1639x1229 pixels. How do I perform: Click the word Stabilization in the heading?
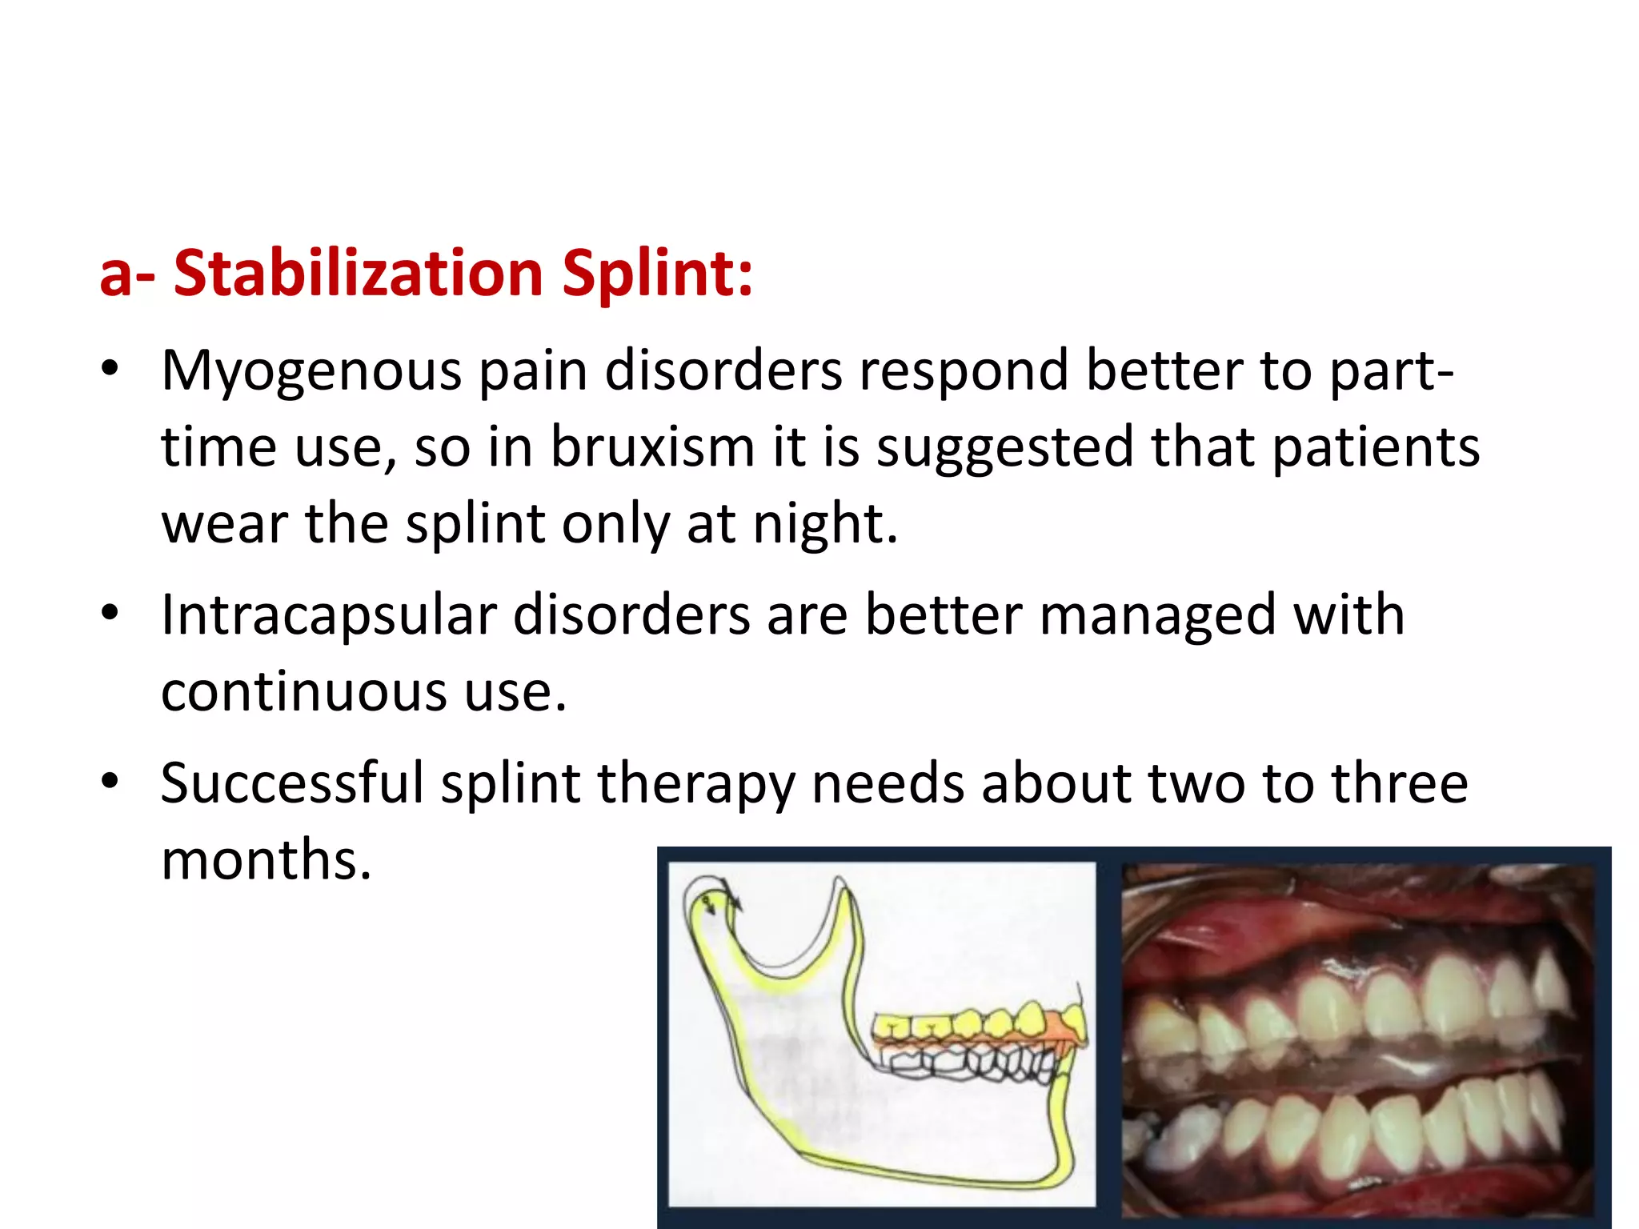[x=359, y=274]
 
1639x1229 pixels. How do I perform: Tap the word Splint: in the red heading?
[x=656, y=274]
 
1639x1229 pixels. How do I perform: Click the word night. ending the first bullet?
[x=825, y=523]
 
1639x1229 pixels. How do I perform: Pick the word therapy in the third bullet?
[x=695, y=784]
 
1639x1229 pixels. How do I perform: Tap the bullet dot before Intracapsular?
[x=110, y=613]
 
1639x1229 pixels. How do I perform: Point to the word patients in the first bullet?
[x=1376, y=446]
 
